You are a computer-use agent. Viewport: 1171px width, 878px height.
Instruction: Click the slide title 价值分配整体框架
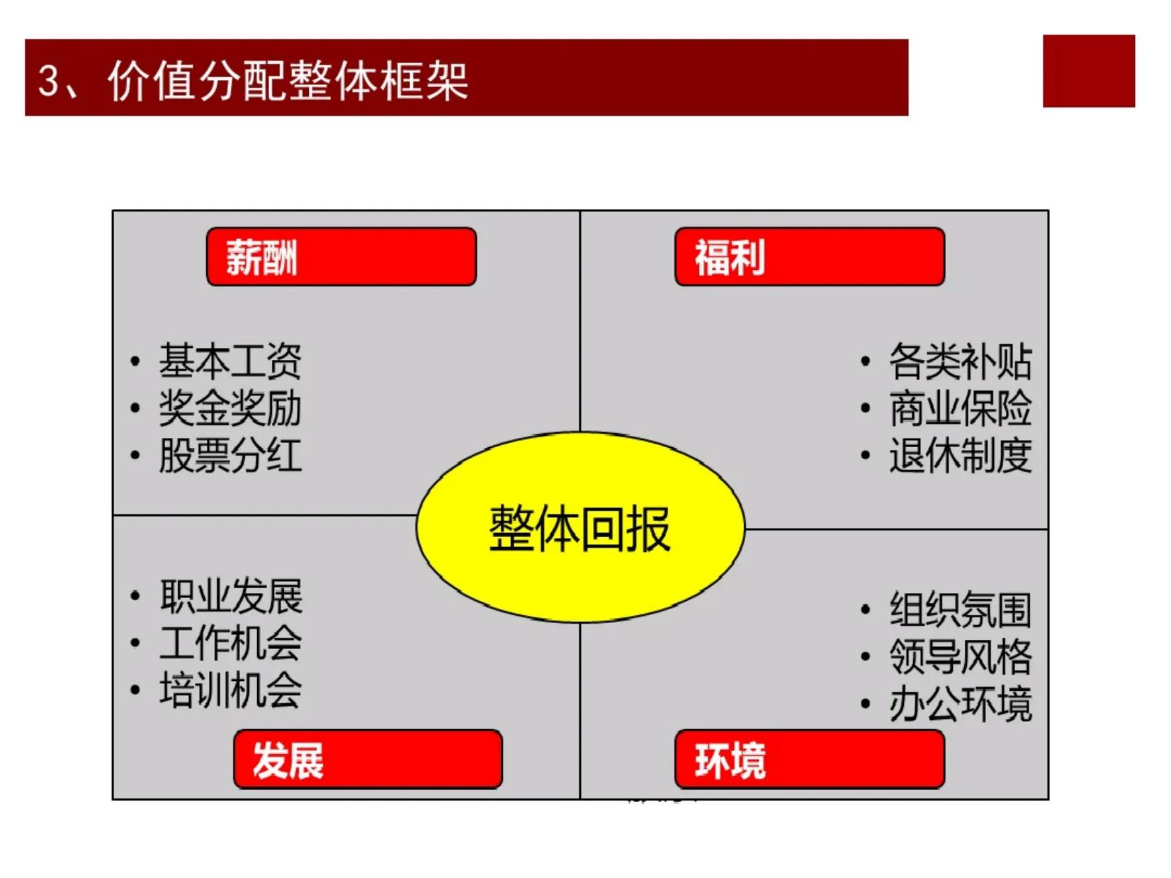[x=288, y=81]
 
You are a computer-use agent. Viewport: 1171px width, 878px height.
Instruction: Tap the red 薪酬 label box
[x=341, y=257]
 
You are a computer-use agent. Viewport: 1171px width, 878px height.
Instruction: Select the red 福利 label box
[x=809, y=257]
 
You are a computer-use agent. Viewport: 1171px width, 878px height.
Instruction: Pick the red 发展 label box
[x=368, y=759]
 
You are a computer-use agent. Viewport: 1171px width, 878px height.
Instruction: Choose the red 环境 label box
[x=809, y=759]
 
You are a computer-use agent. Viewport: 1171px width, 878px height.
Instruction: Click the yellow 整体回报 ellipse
[x=580, y=527]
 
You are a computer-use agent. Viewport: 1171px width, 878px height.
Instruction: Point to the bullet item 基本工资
[x=230, y=361]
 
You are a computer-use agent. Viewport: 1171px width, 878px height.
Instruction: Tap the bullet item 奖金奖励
[x=230, y=408]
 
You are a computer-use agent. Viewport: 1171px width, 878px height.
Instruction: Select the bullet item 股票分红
[x=230, y=455]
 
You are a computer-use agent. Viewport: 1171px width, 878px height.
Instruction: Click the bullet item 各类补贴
[x=961, y=361]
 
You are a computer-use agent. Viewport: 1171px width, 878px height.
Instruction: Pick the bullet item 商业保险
[x=961, y=408]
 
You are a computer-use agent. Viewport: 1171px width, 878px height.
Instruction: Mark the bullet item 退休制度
[x=961, y=455]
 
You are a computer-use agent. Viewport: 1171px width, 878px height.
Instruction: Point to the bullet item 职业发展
[x=231, y=596]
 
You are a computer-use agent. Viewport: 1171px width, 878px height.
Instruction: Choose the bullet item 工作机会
[x=231, y=643]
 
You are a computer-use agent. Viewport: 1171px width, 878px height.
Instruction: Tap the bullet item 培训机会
[x=231, y=690]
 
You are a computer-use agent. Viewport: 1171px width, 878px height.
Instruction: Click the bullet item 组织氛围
[x=961, y=609]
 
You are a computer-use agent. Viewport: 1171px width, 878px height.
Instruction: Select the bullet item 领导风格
[x=961, y=657]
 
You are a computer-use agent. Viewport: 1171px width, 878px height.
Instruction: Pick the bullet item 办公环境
[x=961, y=704]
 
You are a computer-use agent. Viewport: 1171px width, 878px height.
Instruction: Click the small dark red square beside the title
[x=1089, y=71]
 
